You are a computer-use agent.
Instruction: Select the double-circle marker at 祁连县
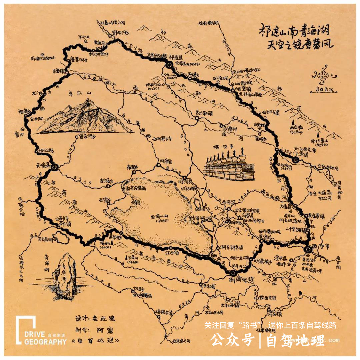tap(169, 65)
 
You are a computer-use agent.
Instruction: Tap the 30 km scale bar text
tap(323, 89)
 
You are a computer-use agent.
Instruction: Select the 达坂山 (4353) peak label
tap(284, 166)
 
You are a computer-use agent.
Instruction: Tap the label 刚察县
tap(165, 161)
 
